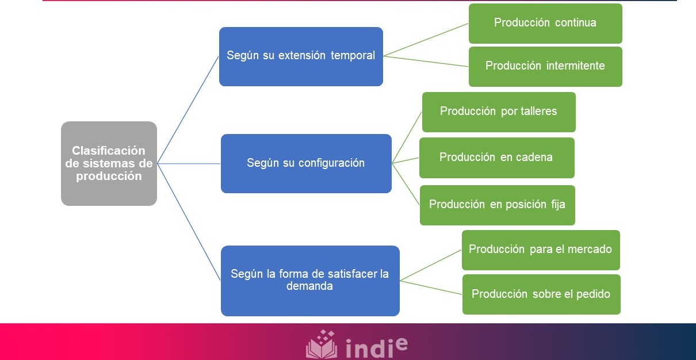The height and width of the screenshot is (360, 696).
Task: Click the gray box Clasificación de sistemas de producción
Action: [109, 163]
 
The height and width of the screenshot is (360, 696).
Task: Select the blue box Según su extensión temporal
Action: [301, 56]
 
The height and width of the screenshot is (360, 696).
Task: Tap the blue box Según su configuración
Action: [306, 163]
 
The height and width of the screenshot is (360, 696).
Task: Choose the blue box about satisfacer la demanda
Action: [310, 281]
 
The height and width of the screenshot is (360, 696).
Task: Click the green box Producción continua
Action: [545, 24]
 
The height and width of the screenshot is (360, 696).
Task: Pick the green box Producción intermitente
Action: [545, 66]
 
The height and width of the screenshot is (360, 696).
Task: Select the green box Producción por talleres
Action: [499, 112]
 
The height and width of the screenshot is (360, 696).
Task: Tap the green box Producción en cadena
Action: [496, 158]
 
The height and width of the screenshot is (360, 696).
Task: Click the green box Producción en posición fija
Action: [498, 205]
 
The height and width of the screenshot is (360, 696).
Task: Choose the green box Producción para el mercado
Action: [541, 250]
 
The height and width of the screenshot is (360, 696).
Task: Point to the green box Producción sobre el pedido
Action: [541, 294]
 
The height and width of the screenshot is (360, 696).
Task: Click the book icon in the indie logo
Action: [322, 345]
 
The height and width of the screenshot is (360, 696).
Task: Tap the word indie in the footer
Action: [377, 347]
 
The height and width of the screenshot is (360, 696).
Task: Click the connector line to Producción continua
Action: [426, 40]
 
